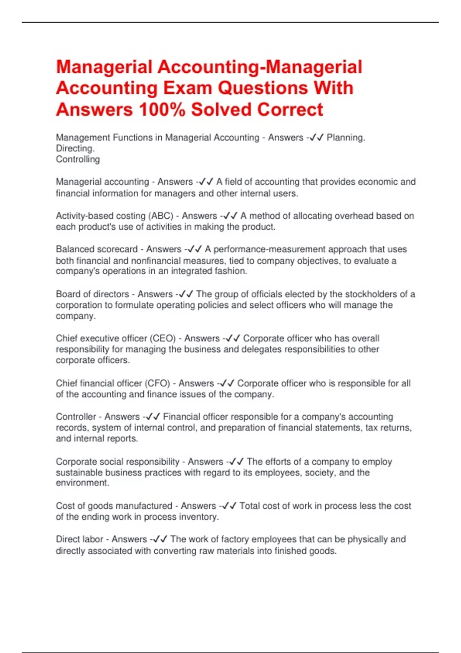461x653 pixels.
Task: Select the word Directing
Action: coord(75,148)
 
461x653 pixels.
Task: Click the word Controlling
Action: coord(78,159)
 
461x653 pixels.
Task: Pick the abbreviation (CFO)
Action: coord(157,383)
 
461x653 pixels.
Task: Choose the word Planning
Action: coord(345,138)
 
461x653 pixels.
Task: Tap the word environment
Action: coord(82,483)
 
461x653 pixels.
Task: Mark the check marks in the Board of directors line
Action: coord(186,294)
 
